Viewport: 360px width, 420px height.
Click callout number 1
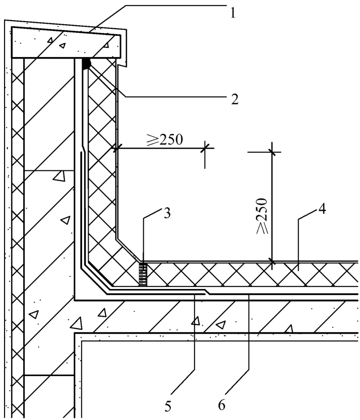click(233, 13)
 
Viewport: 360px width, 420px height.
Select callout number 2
click(234, 99)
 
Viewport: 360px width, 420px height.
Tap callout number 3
click(167, 213)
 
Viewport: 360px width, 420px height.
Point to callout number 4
click(322, 209)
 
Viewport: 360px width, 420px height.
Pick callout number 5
click(168, 406)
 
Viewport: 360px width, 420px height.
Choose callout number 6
click(221, 405)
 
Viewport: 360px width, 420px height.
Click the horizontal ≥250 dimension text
click(165, 140)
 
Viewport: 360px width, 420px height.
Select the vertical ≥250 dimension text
click(262, 216)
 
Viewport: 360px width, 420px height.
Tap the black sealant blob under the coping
click(86, 64)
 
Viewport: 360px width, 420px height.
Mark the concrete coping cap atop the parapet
click(66, 42)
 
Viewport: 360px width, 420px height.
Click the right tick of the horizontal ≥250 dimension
click(205, 148)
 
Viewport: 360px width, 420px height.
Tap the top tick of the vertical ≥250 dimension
click(272, 152)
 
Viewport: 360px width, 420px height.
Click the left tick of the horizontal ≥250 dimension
click(116, 148)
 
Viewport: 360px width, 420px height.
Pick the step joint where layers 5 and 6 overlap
click(206, 292)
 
